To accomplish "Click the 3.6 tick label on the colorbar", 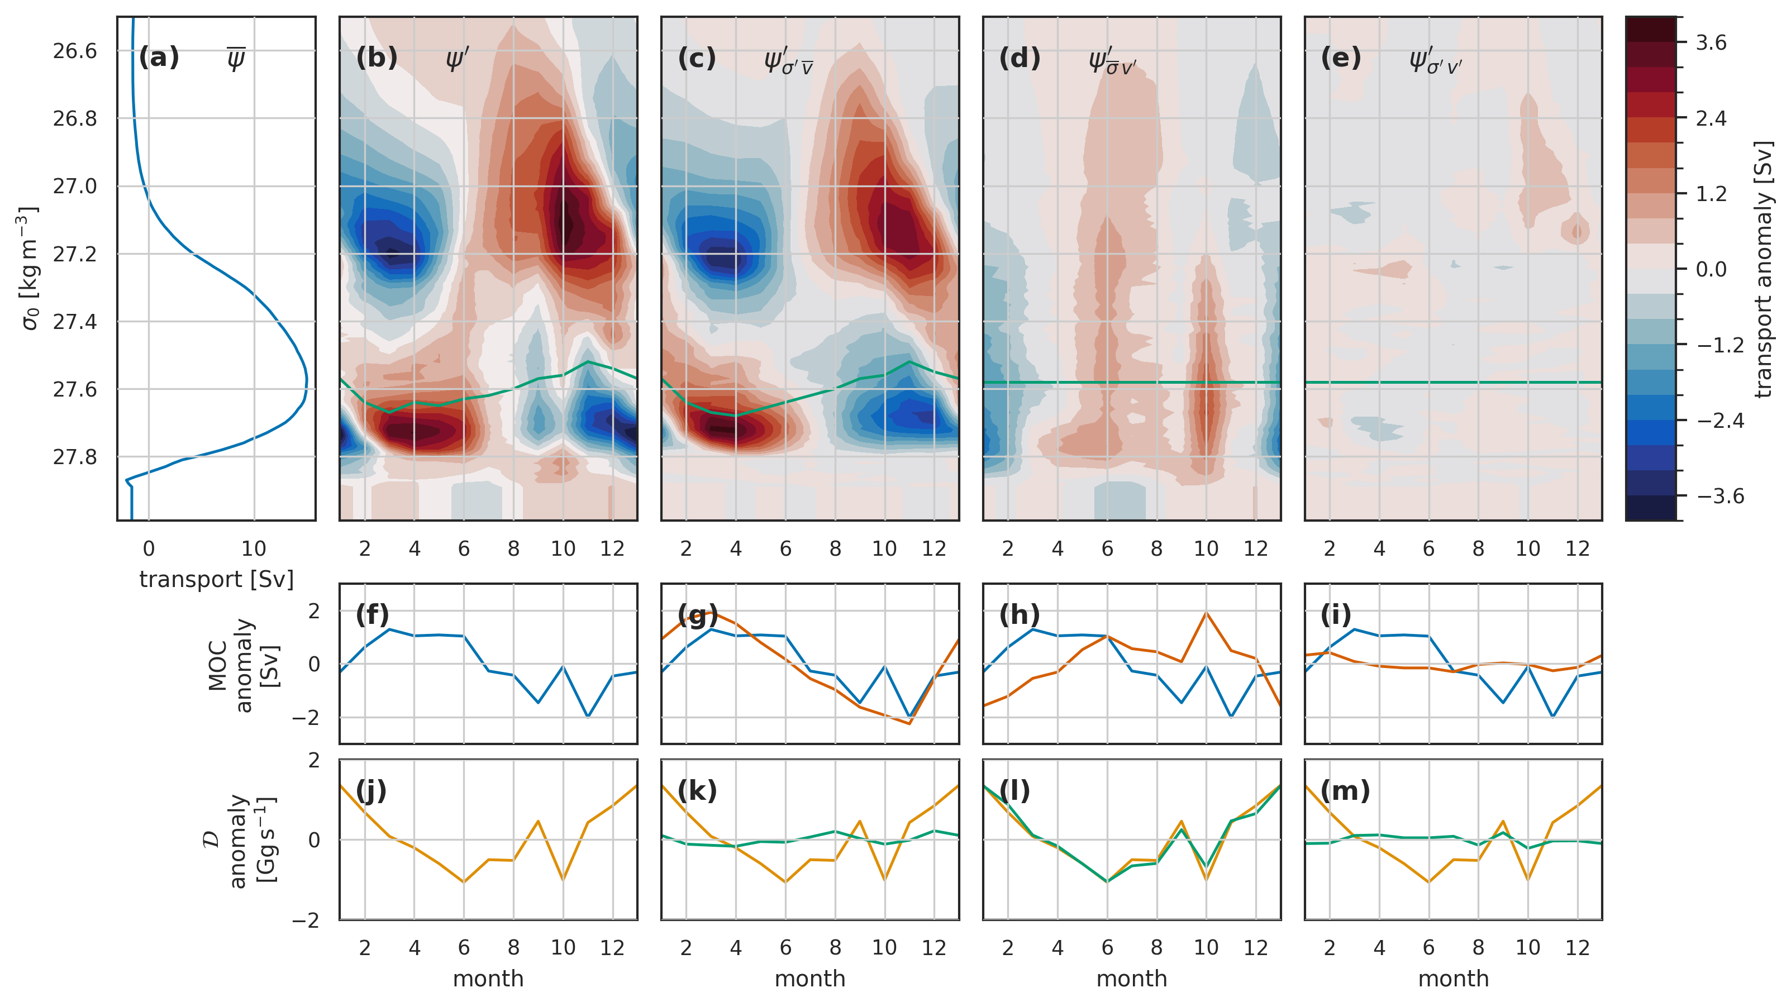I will [1711, 42].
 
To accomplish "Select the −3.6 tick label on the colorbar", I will [1719, 496].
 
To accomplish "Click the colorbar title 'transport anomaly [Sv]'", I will [1764, 269].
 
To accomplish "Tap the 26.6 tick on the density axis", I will [75, 51].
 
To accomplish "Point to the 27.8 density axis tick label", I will [75, 457].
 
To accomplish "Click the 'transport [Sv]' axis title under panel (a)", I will [216, 579].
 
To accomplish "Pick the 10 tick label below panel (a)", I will [254, 548].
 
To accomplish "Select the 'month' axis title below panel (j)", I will [488, 979].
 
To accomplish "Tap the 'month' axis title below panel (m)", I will [1453, 979].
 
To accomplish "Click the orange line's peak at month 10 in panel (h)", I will [1206, 613].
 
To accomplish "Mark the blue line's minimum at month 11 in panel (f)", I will [588, 716].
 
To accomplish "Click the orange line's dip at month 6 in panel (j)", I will [464, 882].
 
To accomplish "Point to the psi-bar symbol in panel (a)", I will [236, 59].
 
